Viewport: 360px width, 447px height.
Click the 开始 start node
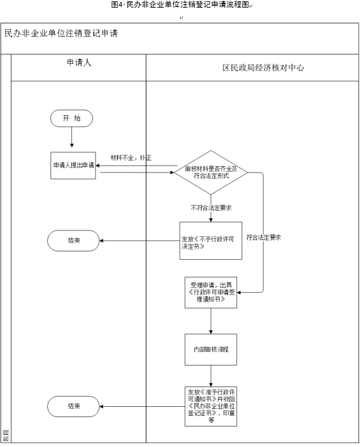72,118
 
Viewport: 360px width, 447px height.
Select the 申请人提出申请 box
73,166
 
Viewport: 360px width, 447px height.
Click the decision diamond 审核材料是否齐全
211,172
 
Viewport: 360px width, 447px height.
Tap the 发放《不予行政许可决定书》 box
211,240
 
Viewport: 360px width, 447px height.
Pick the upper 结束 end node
73,240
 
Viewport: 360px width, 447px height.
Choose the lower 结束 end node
73,406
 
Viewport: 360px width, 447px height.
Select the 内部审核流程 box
211,350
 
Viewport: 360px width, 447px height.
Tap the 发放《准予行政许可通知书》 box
211,405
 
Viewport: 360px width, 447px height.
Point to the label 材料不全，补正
131,157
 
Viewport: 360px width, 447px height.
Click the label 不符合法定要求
210,208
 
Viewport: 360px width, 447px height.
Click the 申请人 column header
79,64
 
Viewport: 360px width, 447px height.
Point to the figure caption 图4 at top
180,5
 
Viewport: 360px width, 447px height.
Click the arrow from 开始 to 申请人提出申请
72,139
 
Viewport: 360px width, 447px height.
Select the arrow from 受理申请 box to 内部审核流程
211,320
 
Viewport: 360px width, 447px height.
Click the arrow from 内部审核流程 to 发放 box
211,376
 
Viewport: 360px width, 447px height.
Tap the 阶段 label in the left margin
6,436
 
